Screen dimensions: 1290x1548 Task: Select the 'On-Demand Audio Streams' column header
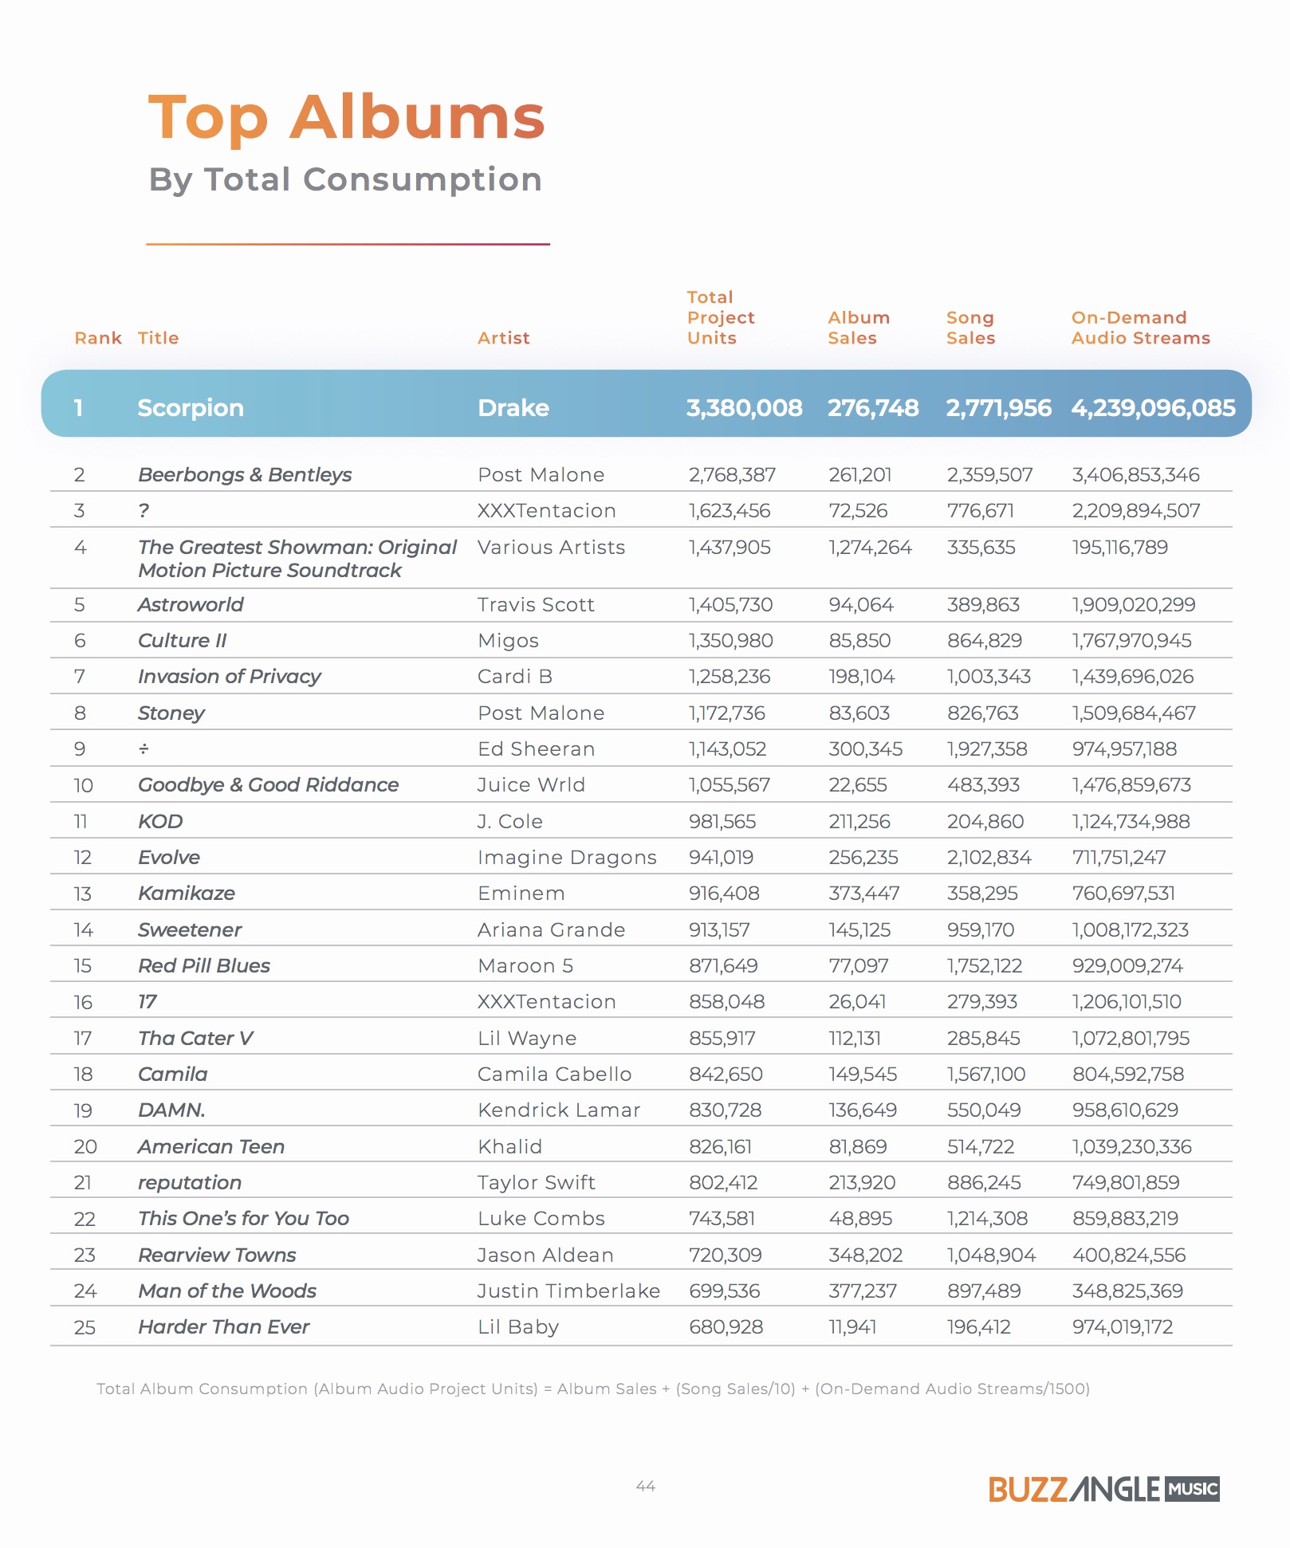[1141, 328]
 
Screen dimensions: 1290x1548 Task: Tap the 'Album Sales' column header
[859, 328]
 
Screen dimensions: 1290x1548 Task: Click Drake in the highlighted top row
[513, 408]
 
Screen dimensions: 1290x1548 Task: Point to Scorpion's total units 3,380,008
[745, 408]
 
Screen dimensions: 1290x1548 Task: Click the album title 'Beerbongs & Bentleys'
[245, 475]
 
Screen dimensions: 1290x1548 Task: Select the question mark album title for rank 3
[144, 511]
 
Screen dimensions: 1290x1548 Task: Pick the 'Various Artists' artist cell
[552, 548]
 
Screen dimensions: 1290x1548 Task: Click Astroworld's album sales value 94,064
[861, 605]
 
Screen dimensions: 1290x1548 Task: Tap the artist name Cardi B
[515, 677]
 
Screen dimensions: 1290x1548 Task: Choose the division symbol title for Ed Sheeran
[144, 749]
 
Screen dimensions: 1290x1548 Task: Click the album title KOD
[160, 822]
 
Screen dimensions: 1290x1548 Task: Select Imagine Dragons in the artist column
[567, 858]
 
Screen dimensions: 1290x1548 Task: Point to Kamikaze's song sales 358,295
[982, 894]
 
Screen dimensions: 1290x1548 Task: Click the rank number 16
[84, 1003]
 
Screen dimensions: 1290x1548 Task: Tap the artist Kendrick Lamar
[559, 1110]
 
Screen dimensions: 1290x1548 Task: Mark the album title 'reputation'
[190, 1183]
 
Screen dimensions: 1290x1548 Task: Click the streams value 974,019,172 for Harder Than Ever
[1123, 1327]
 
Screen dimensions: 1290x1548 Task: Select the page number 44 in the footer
[646, 1487]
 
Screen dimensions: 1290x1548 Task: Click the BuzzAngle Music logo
[1104, 1489]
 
